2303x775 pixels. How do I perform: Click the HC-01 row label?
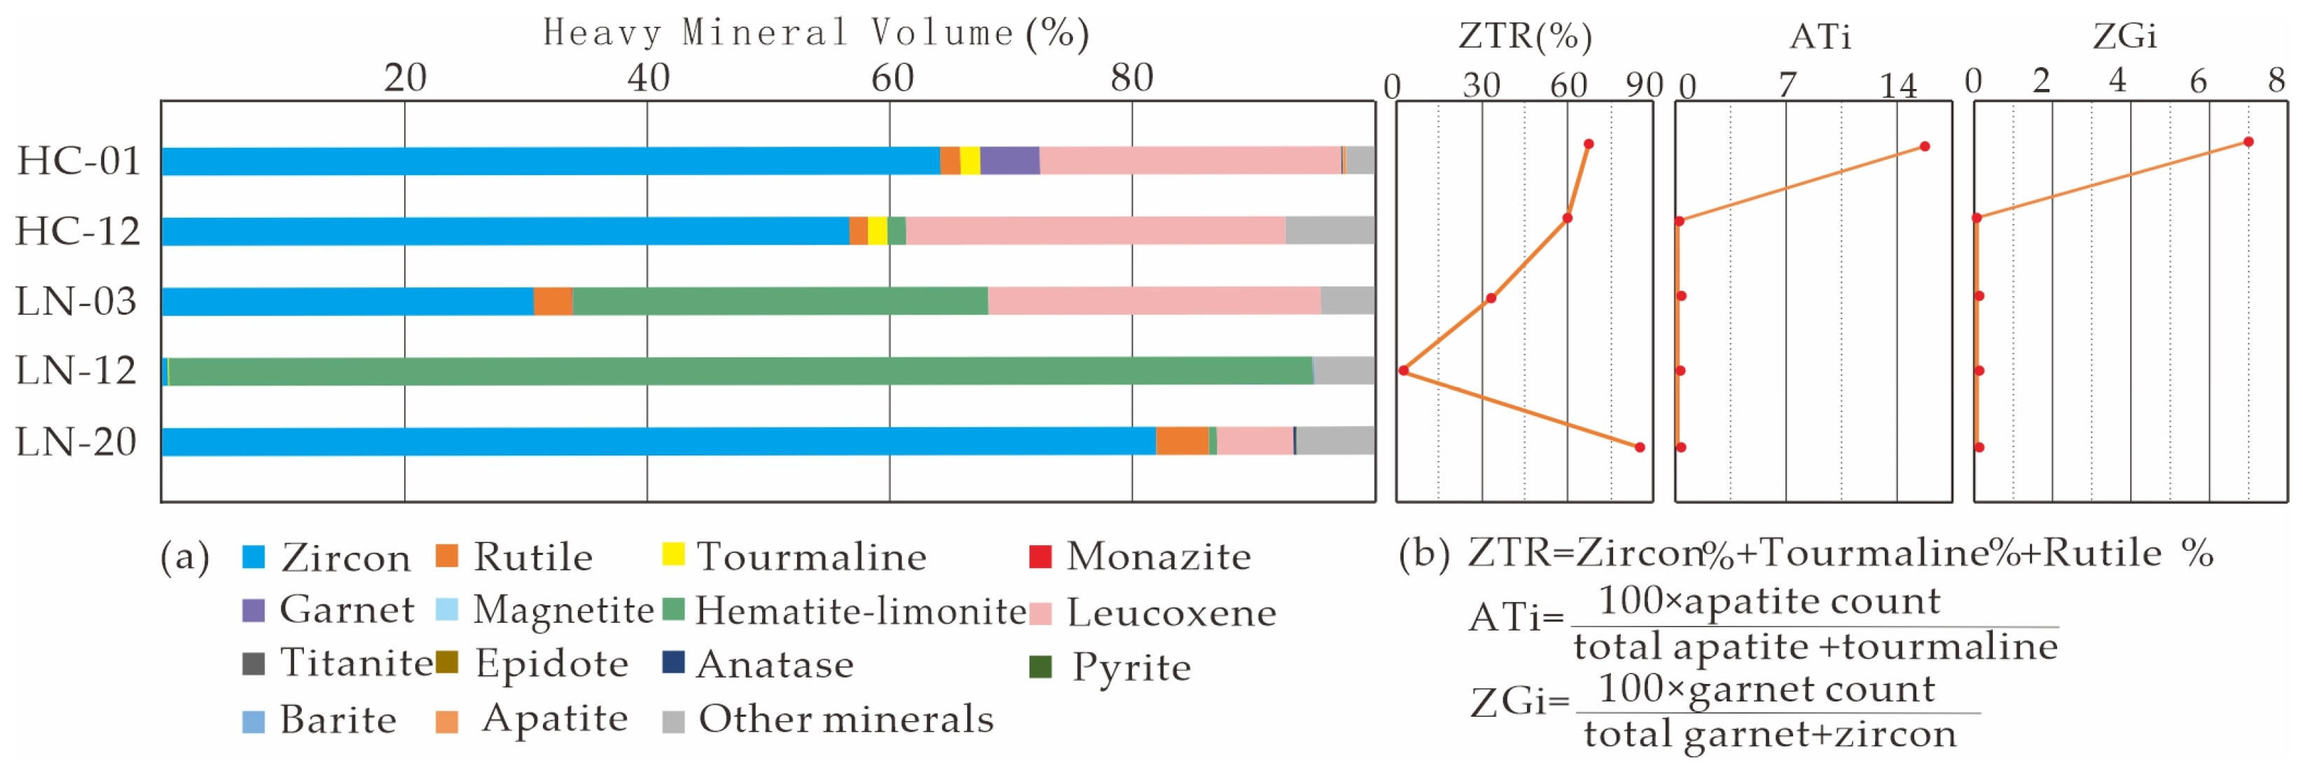point(78,162)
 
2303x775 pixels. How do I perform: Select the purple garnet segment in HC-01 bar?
point(1009,161)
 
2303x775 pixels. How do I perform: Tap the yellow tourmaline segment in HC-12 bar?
point(877,231)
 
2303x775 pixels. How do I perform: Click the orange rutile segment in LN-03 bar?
point(553,301)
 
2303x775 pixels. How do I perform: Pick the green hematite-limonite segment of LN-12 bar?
point(740,371)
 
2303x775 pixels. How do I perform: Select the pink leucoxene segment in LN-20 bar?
point(1254,441)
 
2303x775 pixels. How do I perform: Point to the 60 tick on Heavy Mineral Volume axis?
point(892,78)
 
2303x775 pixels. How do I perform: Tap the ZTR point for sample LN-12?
point(1404,370)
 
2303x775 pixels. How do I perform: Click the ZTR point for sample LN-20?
point(1640,447)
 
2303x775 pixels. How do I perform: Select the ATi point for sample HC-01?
point(1925,146)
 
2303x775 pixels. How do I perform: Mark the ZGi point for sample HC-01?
point(2248,142)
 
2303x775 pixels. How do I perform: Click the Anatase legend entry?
point(757,664)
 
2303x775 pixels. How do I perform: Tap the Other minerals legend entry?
point(828,720)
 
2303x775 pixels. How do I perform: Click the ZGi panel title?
point(2124,36)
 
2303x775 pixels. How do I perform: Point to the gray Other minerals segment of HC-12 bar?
point(1329,231)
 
